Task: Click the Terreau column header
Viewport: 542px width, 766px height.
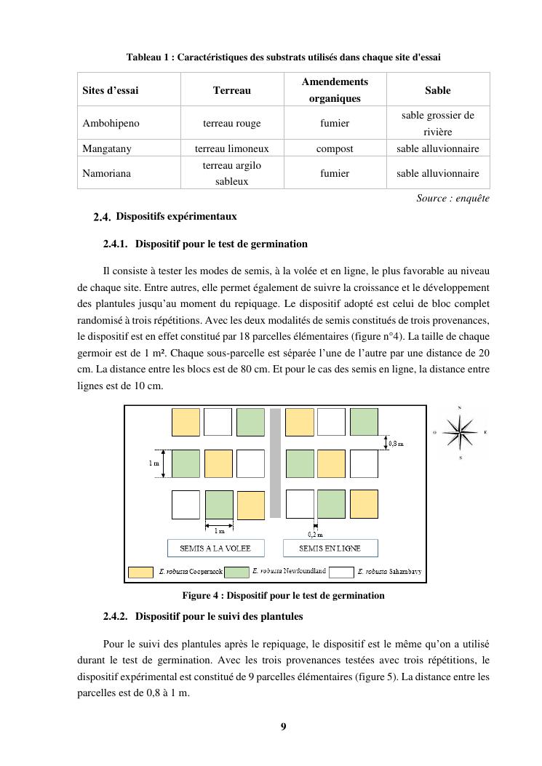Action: click(232, 90)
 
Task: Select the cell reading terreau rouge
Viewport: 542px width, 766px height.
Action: click(232, 123)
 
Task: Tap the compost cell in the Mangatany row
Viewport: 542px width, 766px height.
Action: click(335, 148)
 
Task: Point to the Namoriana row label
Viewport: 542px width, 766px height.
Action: click(105, 173)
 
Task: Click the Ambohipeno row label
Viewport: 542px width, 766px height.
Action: click(111, 123)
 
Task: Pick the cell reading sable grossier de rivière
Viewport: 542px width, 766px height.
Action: click(437, 123)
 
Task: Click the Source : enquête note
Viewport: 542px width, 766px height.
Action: click(453, 198)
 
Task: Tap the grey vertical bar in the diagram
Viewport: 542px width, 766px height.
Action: click(275, 463)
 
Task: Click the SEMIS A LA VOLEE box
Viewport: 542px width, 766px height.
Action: click(215, 548)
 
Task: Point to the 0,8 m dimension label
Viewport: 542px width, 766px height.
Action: click(395, 442)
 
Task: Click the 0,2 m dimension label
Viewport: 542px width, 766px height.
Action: click(316, 535)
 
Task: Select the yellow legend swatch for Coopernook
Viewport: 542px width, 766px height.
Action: click(140, 572)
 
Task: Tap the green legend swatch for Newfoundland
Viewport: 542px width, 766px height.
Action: click(236, 572)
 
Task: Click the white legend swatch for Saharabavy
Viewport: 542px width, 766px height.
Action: click(341, 572)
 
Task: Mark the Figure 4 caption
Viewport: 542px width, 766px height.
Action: click(283, 596)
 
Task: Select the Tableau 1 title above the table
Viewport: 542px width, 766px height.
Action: click(283, 57)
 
